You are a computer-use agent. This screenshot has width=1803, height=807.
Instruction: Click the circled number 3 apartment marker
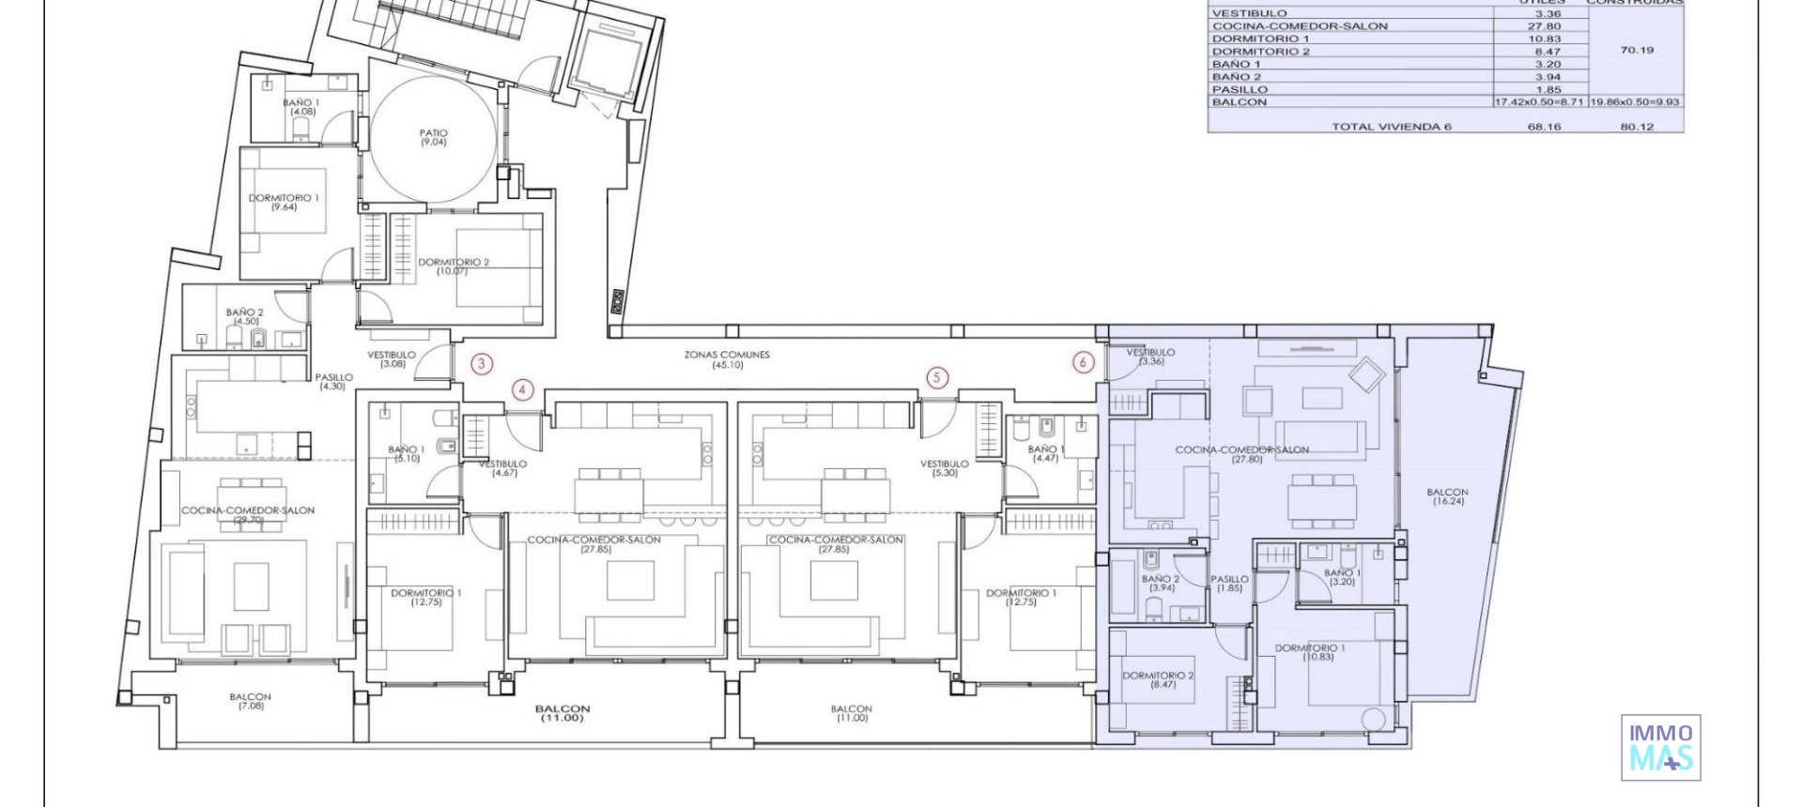482,363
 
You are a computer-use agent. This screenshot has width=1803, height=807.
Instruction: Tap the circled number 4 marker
523,390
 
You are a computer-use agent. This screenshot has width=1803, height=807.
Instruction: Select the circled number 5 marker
937,378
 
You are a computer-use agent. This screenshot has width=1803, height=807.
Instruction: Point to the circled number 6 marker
1083,362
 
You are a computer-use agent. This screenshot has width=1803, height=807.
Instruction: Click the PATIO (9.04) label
433,138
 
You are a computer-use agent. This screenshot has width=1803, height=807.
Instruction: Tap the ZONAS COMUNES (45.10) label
727,359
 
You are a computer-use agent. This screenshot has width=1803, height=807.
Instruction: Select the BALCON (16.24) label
1447,496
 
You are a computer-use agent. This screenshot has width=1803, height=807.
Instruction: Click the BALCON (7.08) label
250,701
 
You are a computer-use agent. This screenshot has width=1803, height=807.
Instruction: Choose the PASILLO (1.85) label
1229,584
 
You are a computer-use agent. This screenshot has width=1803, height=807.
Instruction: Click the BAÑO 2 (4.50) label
245,316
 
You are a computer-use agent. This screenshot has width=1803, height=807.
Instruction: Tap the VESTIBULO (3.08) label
392,359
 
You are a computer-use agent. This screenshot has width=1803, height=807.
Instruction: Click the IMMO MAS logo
1660,747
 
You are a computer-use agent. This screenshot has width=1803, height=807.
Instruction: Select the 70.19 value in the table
1637,51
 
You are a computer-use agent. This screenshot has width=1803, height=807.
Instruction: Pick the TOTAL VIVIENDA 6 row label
1391,127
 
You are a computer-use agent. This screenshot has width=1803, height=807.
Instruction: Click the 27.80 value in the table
1547,26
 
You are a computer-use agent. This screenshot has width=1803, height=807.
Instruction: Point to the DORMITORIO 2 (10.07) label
454,266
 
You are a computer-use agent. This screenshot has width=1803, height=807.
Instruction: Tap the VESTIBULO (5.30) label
945,468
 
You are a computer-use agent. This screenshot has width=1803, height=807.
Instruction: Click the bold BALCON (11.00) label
562,713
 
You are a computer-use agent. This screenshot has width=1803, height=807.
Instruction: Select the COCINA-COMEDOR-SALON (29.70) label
248,514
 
